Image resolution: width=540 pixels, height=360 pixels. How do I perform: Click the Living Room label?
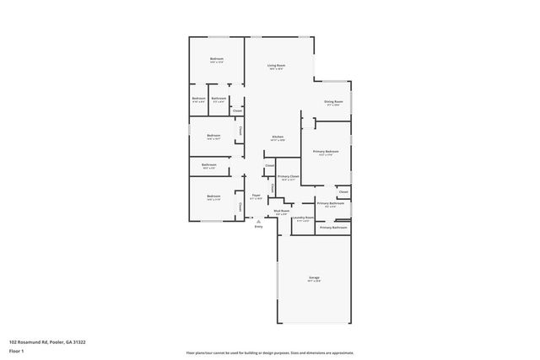pyautogui.click(x=276, y=65)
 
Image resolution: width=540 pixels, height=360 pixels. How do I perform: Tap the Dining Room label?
pyautogui.click(x=332, y=102)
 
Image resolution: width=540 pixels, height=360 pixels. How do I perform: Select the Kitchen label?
pyautogui.click(x=277, y=137)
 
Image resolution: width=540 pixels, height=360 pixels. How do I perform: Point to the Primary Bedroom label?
pyautogui.click(x=326, y=151)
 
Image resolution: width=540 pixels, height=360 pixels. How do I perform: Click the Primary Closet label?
pyautogui.click(x=288, y=176)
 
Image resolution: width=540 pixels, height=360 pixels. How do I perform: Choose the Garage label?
pyautogui.click(x=314, y=277)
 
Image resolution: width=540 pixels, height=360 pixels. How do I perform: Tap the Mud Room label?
pyautogui.click(x=282, y=211)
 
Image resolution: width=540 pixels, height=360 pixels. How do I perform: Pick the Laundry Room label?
pyautogui.click(x=303, y=218)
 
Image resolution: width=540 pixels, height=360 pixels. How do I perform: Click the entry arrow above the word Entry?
pyautogui.click(x=258, y=222)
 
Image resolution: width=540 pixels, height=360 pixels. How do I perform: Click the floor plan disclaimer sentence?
pyautogui.click(x=269, y=352)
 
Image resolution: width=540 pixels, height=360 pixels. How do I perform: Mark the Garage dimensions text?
pyautogui.click(x=314, y=282)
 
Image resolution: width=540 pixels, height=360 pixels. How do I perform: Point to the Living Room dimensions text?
pyautogui.click(x=276, y=69)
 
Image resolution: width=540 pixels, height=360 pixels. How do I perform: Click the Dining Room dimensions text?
pyautogui.click(x=332, y=105)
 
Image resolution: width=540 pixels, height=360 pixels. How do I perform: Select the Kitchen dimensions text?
pyautogui.click(x=277, y=140)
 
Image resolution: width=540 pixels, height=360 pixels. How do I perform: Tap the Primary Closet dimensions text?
pyautogui.click(x=288, y=180)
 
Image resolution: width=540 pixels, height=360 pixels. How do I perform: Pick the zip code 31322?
pyautogui.click(x=78, y=342)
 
